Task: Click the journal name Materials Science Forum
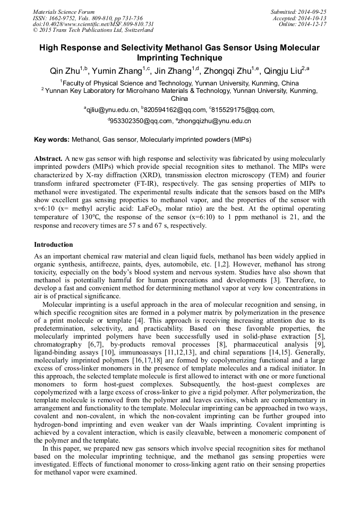coord(64,12)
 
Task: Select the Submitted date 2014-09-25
coord(310,12)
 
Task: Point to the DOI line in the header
coord(93,24)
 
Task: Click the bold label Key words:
coord(52,140)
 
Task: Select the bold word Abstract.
coord(48,159)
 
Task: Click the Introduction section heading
coord(54,245)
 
